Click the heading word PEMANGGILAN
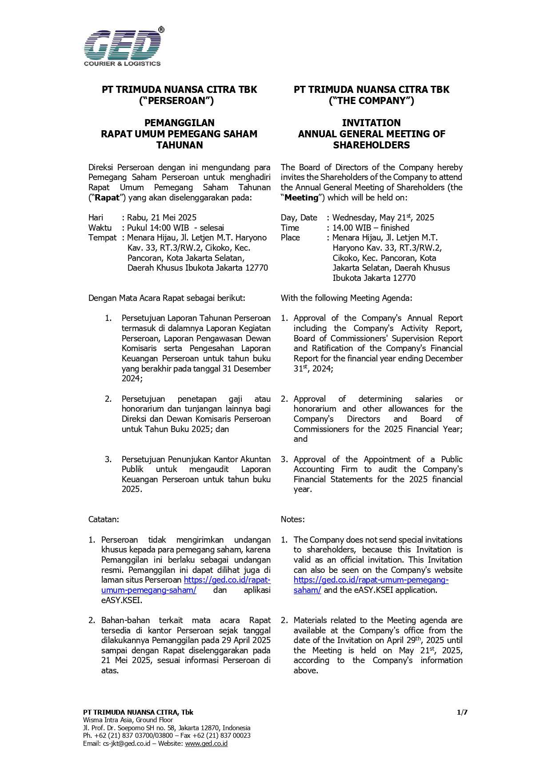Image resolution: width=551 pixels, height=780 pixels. coord(180,123)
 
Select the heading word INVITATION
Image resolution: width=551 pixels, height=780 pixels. coord(371,123)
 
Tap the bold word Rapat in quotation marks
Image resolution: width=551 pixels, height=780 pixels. coord(107,198)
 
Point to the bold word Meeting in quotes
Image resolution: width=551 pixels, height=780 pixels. coord(301,198)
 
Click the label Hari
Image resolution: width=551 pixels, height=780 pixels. coord(96,218)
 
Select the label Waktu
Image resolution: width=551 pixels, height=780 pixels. coord(100,228)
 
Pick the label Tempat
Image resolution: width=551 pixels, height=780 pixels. coord(102,238)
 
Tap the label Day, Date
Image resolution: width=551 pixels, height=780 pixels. coord(299,218)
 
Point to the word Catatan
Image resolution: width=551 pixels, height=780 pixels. coord(104,520)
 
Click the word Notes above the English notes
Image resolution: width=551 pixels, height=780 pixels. coord(292,520)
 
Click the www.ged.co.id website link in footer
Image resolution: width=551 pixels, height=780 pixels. coord(206,744)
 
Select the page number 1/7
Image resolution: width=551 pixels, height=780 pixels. coord(462,712)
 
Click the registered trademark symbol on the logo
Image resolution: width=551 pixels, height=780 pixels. coord(161,30)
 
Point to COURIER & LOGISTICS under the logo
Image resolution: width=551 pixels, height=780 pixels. coord(122,64)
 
